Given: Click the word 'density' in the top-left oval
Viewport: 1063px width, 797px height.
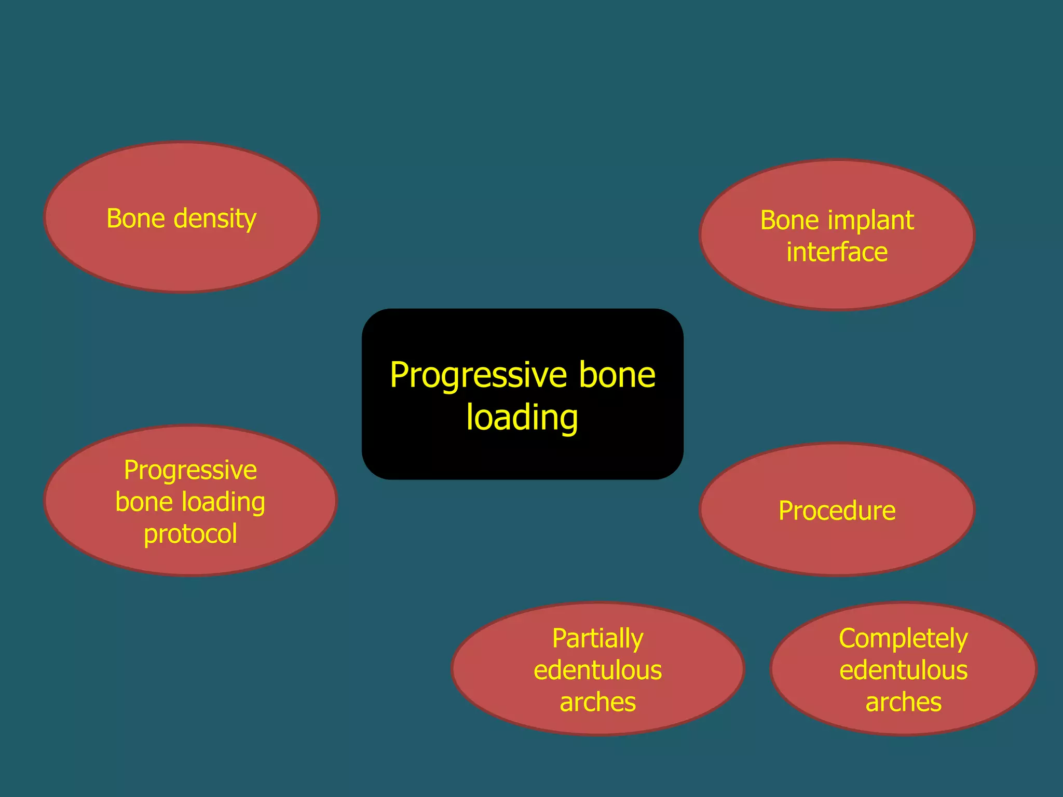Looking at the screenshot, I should pos(215,219).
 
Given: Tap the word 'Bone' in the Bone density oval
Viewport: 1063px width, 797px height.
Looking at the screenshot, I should pos(136,218).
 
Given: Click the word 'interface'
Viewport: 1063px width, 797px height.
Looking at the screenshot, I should pos(837,253).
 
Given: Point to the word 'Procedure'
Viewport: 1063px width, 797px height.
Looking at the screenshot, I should pos(837,511).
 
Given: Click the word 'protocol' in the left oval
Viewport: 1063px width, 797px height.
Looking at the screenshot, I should pos(190,534).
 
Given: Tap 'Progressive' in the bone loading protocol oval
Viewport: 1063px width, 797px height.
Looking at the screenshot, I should pos(190,471).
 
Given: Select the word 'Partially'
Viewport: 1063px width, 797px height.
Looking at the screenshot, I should pos(597,639).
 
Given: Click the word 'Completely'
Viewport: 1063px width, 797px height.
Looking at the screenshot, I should pos(903,639).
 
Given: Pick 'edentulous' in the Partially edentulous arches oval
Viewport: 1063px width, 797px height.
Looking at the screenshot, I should pos(597,670).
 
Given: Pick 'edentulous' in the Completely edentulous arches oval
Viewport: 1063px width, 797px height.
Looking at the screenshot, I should pos(903,670).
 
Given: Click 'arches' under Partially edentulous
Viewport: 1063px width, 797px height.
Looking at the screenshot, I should pos(597,703).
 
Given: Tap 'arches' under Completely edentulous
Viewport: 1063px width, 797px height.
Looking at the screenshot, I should pos(903,703).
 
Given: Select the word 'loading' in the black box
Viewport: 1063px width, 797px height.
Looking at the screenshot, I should pos(522,418).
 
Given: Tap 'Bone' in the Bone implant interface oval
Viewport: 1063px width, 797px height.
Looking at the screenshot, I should pos(789,221).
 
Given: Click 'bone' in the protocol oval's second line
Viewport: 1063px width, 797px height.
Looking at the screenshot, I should pos(144,503).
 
